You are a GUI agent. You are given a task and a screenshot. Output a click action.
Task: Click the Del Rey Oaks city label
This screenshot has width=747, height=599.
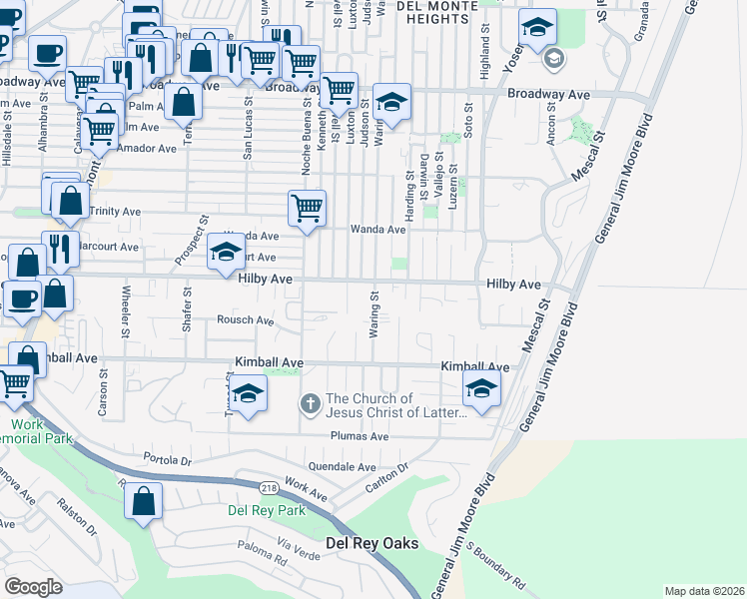coord(373,544)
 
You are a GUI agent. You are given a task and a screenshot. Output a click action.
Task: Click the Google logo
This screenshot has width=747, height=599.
coord(34,587)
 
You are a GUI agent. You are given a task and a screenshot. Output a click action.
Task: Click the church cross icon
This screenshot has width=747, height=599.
coord(311,403)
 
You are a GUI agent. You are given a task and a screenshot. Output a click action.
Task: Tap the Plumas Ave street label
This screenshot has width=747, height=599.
coord(360,436)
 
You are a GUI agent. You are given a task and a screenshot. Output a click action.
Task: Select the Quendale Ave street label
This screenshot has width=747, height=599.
coord(343,466)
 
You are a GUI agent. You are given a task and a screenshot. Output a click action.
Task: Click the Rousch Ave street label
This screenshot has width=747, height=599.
coord(246,320)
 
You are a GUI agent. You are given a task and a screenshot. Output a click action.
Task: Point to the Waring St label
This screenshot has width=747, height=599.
coord(375,313)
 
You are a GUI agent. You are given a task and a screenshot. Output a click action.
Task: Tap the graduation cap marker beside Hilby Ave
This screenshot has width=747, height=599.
coord(226,252)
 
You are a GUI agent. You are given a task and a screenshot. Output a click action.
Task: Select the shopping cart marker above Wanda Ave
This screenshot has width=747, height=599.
coord(307,210)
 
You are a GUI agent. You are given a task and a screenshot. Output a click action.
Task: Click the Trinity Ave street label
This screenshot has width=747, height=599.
coord(115,212)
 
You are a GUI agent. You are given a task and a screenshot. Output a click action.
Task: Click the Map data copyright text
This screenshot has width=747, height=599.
coord(703,591)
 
